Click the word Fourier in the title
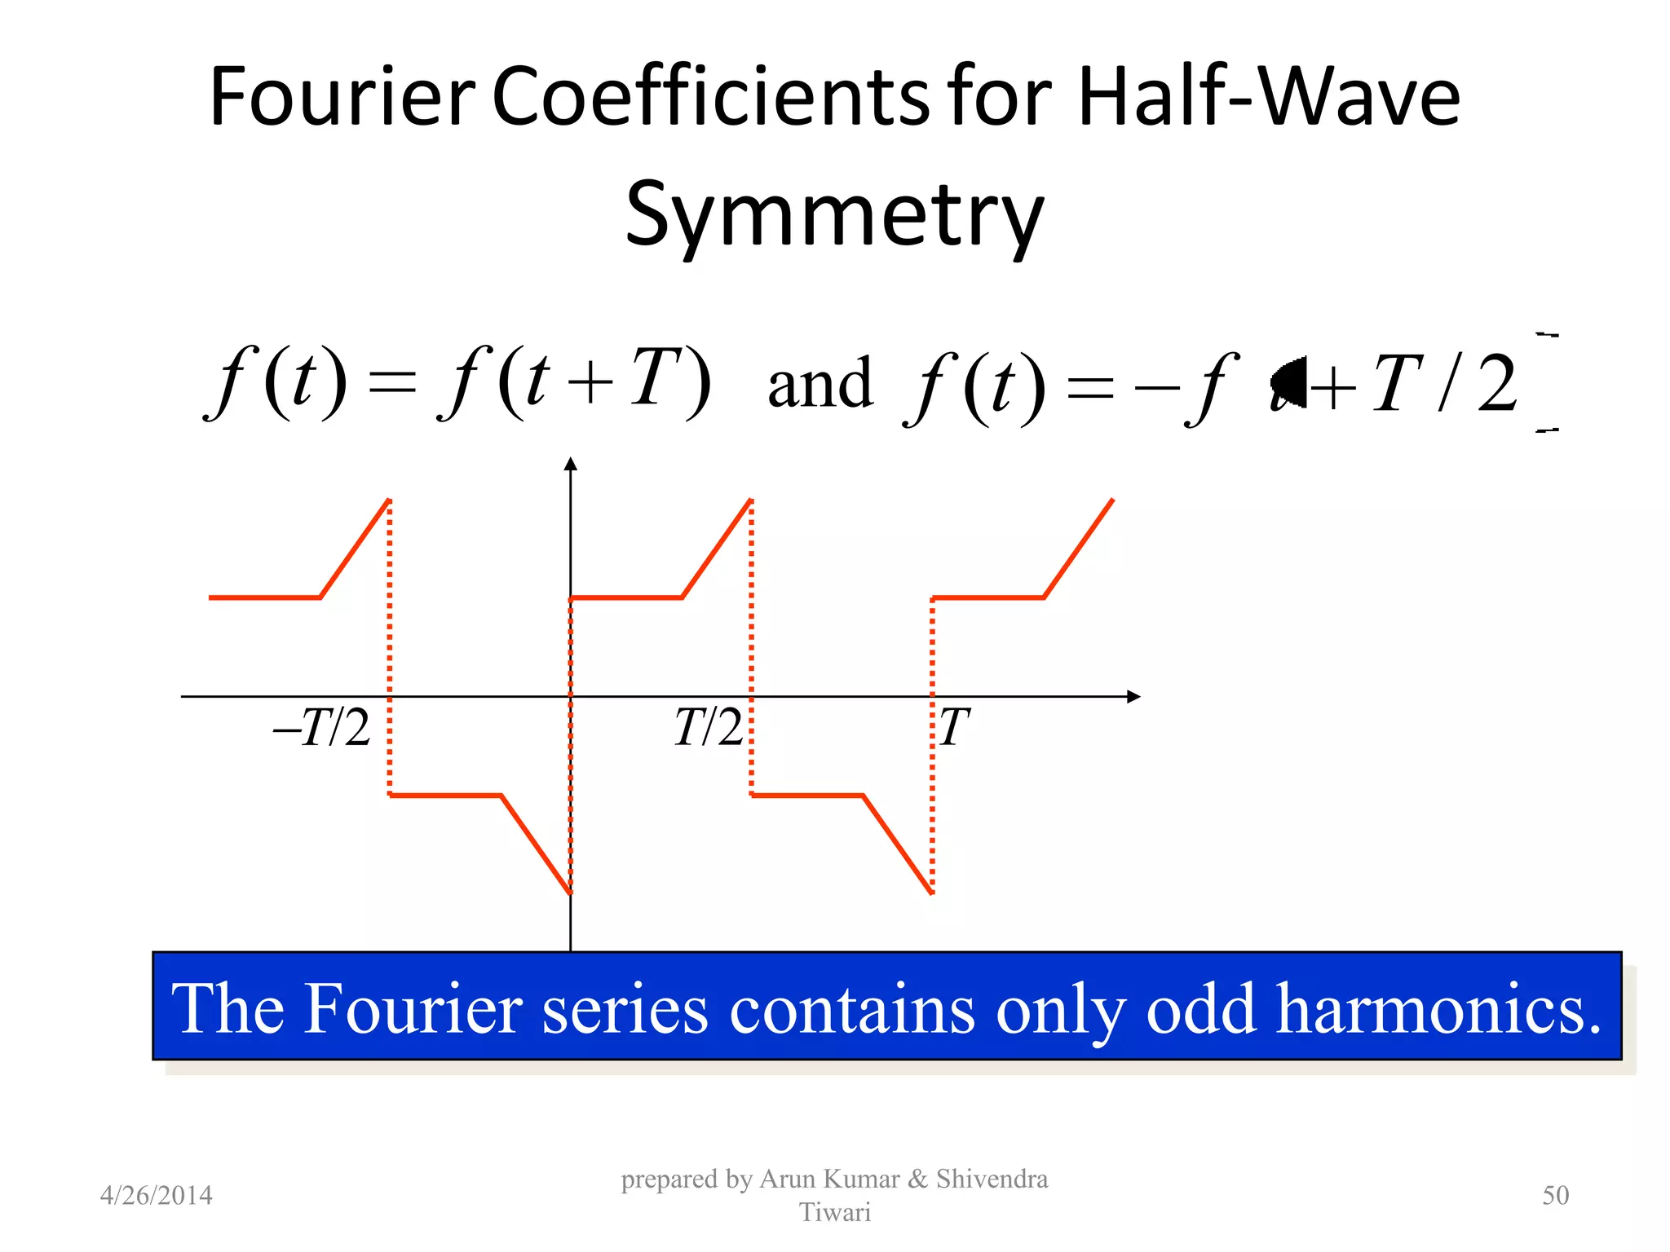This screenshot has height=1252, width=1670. click(x=342, y=98)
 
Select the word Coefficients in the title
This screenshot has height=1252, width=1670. click(x=710, y=98)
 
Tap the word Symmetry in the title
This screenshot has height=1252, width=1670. click(x=834, y=214)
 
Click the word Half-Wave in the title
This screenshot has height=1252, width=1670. click(x=1268, y=98)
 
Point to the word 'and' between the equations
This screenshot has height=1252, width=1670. click(x=820, y=383)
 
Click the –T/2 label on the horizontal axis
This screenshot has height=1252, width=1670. click(x=322, y=727)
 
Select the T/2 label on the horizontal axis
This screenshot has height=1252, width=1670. click(x=708, y=727)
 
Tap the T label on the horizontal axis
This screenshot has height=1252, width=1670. click(x=953, y=727)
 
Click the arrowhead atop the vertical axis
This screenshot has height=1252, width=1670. click(x=571, y=464)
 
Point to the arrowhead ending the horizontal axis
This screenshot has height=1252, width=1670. click(x=1133, y=697)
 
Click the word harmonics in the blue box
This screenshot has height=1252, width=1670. click(x=1438, y=1009)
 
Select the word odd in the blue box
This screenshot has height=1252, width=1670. click(x=1200, y=1009)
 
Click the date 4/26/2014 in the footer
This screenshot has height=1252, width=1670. click(x=156, y=1196)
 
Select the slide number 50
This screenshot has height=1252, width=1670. click(x=1555, y=1196)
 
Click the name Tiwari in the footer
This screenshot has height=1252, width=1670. click(x=834, y=1213)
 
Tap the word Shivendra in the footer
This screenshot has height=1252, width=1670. click(x=992, y=1179)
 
